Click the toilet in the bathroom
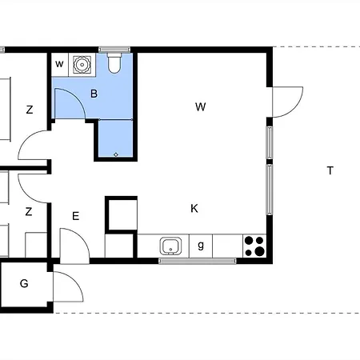point(114,63)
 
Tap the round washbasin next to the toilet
point(82,65)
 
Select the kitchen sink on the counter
point(170,246)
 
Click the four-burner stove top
point(254,246)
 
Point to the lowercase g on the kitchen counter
point(201,245)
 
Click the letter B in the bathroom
point(94,94)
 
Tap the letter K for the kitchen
point(194,208)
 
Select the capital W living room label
point(200,107)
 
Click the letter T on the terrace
point(330,170)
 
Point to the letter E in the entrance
point(76,216)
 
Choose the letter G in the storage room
point(24,283)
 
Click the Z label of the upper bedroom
point(30,110)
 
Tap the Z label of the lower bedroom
point(29,211)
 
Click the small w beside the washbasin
point(59,64)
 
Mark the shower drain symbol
point(116,154)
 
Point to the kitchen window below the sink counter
point(198,261)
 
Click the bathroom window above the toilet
point(114,50)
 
